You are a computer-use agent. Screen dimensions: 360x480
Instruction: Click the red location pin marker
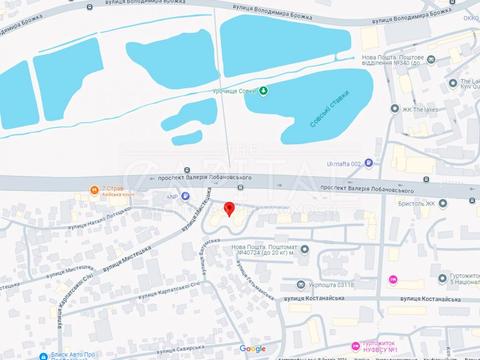230,208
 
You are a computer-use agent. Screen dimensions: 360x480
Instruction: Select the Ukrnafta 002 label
349,163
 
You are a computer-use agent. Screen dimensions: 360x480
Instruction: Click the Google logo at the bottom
252,348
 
